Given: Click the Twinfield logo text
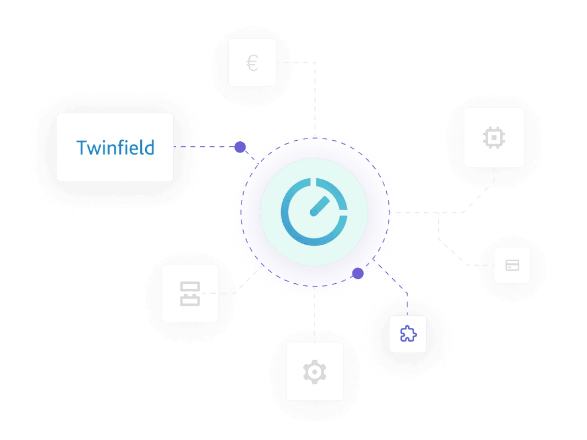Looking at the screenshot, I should [x=115, y=147].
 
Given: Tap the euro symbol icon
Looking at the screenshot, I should [x=252, y=63].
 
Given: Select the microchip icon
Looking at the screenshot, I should [x=493, y=137].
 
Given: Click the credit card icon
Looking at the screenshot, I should [x=512, y=265].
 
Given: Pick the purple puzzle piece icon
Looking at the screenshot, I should [x=408, y=334].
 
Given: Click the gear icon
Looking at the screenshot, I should [x=315, y=372].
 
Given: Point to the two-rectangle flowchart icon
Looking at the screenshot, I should [x=190, y=293].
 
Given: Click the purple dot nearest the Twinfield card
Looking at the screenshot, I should [x=240, y=147].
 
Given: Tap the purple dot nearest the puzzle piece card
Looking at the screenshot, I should [x=358, y=273].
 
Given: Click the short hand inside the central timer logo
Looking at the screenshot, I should [x=318, y=207].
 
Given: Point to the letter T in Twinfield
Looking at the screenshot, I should [x=81, y=147].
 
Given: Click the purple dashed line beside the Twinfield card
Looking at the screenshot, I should [x=204, y=147].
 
